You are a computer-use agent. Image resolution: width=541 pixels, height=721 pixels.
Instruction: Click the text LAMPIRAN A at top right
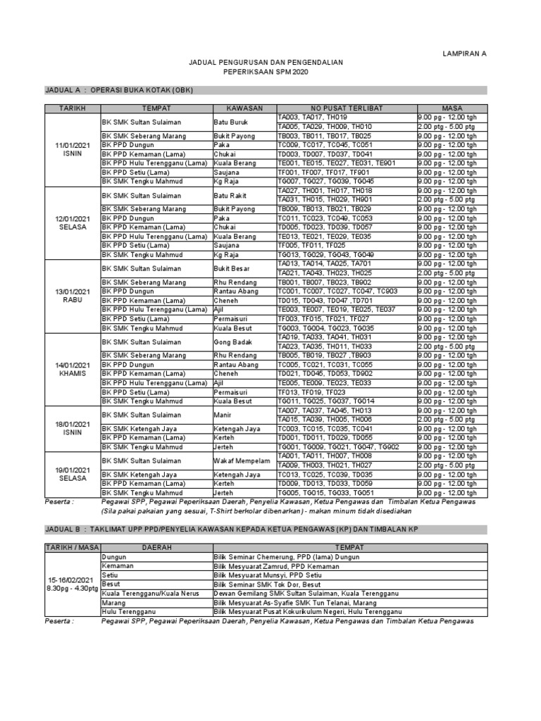point(464,54)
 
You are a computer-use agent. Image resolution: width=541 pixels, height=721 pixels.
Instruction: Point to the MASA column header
point(451,108)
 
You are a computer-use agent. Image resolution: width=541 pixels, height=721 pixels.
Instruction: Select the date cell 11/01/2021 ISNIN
point(73,149)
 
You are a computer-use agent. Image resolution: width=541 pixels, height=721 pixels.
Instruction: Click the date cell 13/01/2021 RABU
point(73,296)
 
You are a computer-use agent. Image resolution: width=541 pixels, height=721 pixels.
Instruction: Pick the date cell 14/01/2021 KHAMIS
point(73,369)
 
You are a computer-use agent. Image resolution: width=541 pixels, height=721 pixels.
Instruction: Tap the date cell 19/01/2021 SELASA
point(73,474)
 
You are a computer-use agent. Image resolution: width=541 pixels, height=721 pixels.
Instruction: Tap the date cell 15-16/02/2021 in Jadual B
point(73,584)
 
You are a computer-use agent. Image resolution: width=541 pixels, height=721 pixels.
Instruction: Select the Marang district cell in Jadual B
point(113,603)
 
